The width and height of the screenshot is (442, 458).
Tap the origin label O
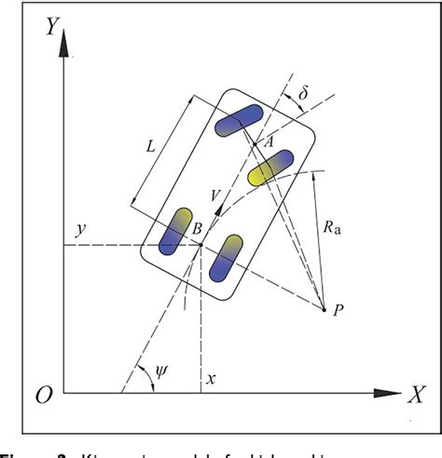tap(42, 395)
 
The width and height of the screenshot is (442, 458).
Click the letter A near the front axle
tap(268, 141)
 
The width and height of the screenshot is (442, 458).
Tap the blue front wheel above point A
tap(239, 121)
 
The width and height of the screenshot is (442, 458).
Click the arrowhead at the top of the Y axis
tap(64, 38)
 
